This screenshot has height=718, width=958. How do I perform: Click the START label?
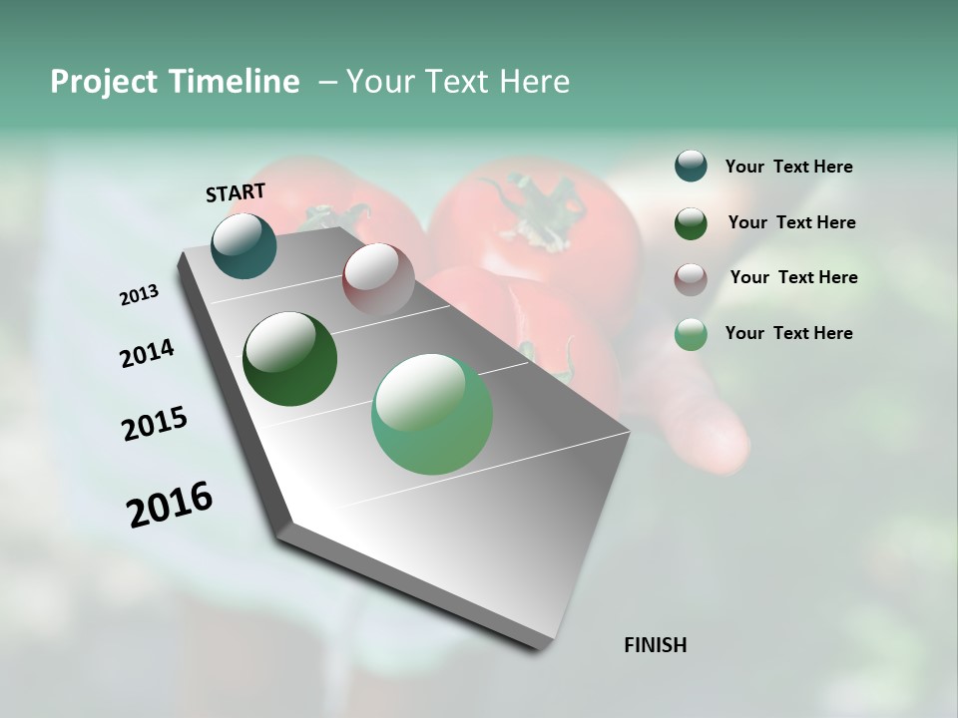236,192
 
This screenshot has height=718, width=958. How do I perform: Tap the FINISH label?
655,645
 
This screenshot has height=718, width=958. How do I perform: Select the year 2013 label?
139,295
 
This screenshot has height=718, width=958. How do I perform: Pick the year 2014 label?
147,353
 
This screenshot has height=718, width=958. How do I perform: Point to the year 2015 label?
155,424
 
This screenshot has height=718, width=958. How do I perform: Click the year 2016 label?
170,505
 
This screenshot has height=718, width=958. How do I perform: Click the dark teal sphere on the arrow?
244,246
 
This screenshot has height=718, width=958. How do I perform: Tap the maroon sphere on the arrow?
378,278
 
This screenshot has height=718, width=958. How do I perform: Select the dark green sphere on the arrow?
289,359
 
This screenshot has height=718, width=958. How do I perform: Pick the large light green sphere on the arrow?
432,414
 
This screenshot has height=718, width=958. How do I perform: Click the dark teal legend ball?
691,167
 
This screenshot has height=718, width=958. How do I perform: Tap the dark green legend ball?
691,223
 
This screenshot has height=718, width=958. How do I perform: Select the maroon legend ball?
691,278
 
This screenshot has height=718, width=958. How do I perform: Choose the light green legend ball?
691,334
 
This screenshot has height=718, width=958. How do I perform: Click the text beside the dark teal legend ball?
788,167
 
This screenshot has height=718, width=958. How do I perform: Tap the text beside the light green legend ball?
788,333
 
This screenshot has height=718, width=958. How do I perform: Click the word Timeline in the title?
233,82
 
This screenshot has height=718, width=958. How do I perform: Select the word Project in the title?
105,83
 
